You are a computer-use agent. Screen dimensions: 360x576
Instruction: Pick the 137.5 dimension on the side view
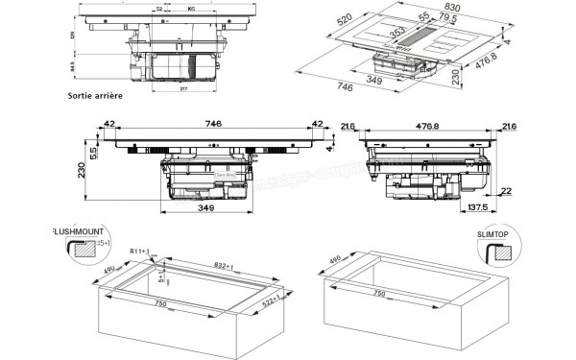(x=477, y=207)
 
